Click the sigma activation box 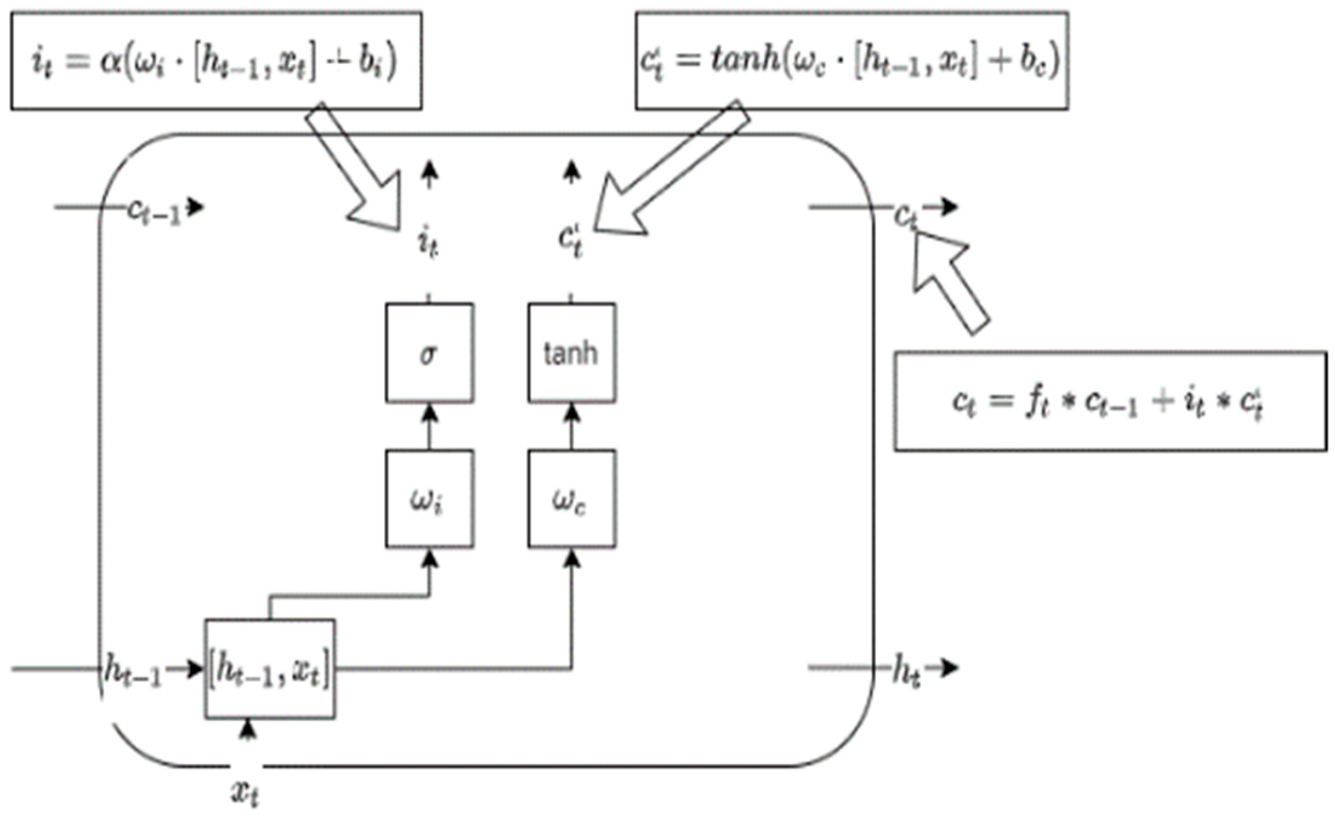coord(429,353)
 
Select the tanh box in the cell coord(571,353)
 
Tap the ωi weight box coord(429,499)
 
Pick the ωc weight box coord(571,499)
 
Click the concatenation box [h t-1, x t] coord(269,669)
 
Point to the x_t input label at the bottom coord(246,792)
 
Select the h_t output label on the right coord(907,672)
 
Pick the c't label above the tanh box coord(571,240)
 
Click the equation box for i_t coord(216,61)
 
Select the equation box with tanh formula coord(852,61)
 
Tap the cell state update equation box coord(1110,401)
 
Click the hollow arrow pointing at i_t coord(358,170)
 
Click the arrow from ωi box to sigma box coord(429,427)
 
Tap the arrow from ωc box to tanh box coord(571,427)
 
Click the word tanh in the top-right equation coord(745,61)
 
